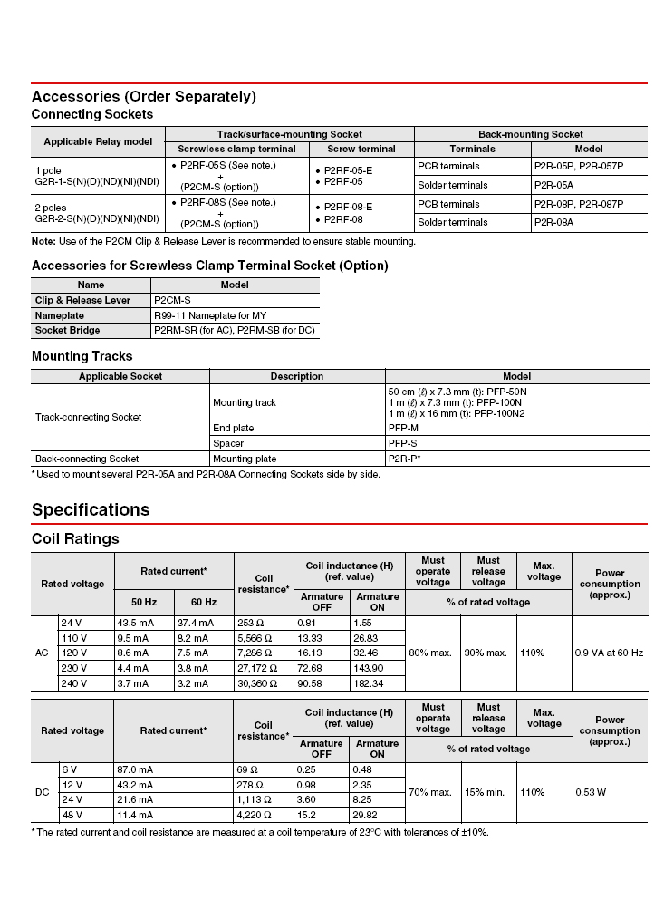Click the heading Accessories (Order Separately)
144,96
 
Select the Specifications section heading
91,509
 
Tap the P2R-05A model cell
553,185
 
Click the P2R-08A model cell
553,222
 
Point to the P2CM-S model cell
172,300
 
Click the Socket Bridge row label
68,330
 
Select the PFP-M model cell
403,428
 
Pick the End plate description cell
234,428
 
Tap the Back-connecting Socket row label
87,459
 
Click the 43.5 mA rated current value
135,623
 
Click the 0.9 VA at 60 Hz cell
609,653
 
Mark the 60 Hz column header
204,602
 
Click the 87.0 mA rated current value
135,769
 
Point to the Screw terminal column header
361,149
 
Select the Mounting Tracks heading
82,356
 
